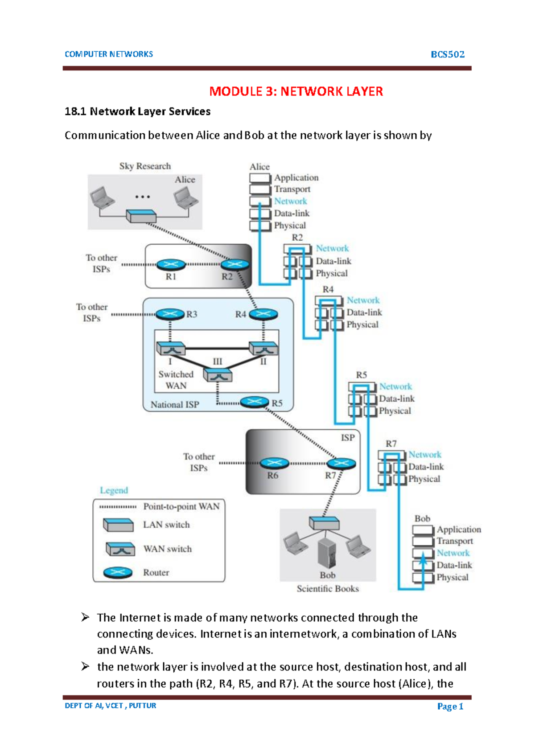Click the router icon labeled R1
click(x=171, y=265)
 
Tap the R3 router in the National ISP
click(x=170, y=314)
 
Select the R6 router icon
click(x=274, y=464)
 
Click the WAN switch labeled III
click(x=218, y=375)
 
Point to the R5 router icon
click(x=255, y=402)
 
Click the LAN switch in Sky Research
click(x=141, y=216)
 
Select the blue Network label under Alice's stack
click(x=290, y=201)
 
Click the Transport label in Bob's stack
click(x=454, y=541)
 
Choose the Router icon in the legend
click(x=118, y=572)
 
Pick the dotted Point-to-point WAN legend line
click(x=118, y=507)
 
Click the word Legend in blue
click(x=114, y=490)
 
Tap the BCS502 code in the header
click(x=447, y=54)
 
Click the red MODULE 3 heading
click(x=296, y=91)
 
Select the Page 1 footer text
click(x=450, y=706)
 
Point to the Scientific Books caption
click(x=328, y=588)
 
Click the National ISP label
click(x=174, y=404)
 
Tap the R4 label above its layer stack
click(x=328, y=289)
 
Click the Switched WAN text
click(x=176, y=380)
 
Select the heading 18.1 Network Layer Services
click(x=137, y=111)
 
